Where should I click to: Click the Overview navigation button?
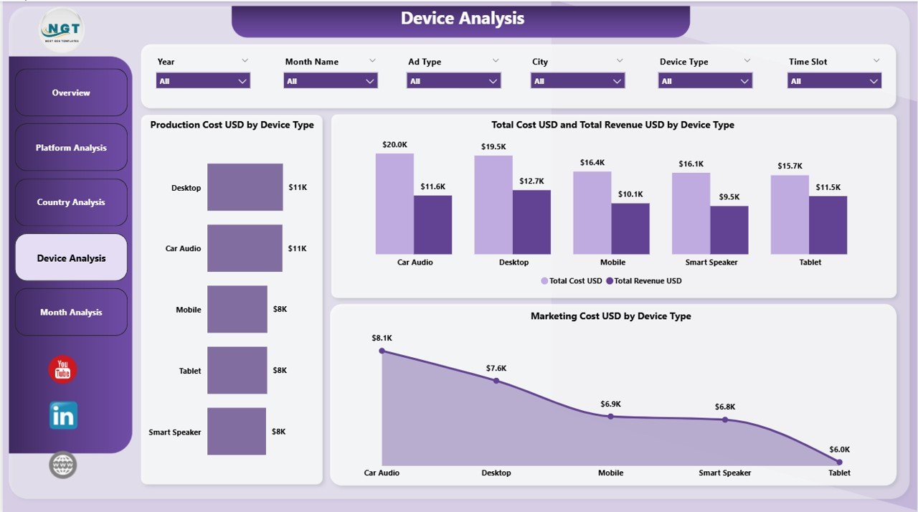point(71,93)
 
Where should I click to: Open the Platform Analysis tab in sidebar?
point(71,148)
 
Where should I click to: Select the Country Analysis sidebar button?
point(71,202)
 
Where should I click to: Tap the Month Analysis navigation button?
point(71,312)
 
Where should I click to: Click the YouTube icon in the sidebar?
point(62,369)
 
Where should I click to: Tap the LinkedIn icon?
point(63,416)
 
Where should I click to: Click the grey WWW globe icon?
point(63,465)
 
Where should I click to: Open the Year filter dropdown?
point(203,81)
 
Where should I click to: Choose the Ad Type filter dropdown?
point(453,81)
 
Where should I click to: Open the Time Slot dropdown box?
point(835,81)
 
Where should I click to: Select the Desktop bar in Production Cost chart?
point(245,187)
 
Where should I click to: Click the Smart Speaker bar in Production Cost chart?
point(237,432)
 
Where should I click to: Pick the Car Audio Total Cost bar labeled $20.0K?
point(394,204)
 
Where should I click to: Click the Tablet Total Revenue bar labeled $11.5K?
point(828,225)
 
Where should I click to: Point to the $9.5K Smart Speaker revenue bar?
point(729,230)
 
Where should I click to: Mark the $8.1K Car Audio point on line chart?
point(382,351)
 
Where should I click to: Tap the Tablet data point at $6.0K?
point(836,462)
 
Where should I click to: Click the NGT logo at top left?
point(62,30)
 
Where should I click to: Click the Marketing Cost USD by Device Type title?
point(610,316)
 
